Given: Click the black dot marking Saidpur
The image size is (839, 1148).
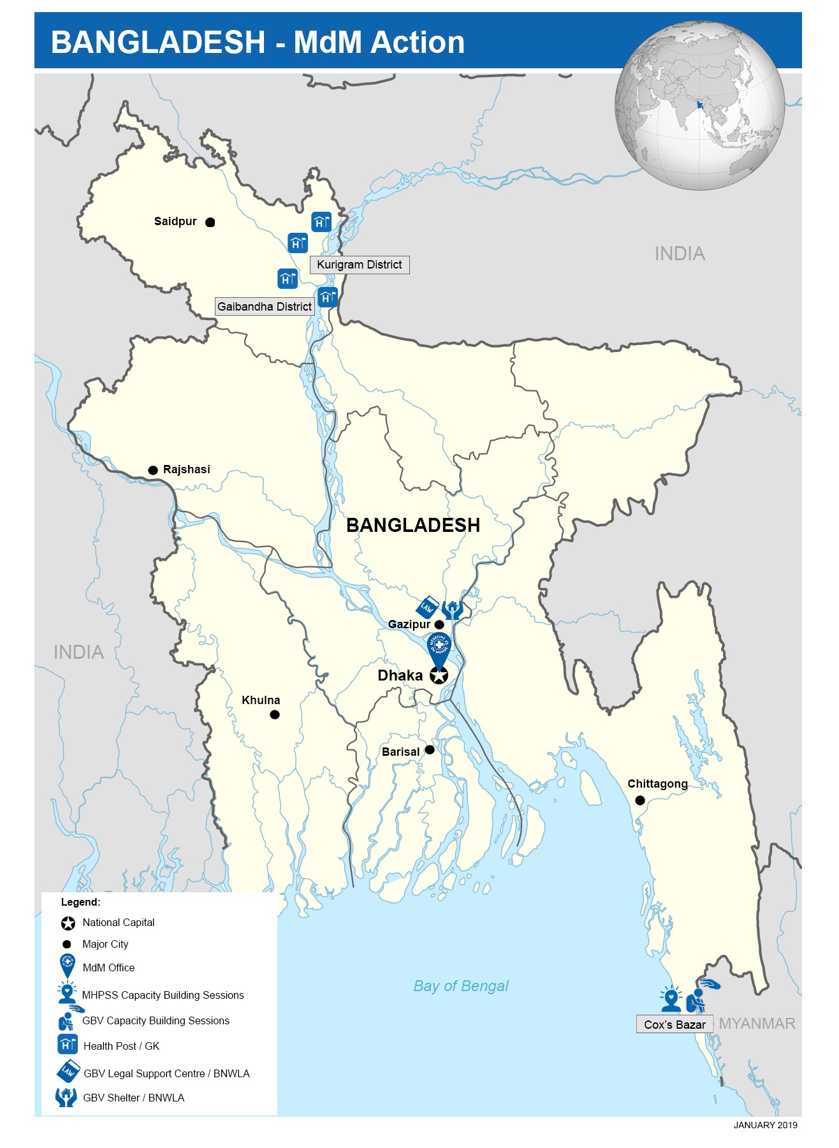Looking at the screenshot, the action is pyautogui.click(x=210, y=223).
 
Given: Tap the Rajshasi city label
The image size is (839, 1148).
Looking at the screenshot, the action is pyautogui.click(x=186, y=469).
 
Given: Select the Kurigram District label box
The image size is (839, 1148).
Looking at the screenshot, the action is pyautogui.click(x=360, y=265).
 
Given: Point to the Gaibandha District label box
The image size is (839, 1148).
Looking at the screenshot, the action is pyautogui.click(x=265, y=307).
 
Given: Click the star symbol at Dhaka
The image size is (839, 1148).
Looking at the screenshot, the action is pyautogui.click(x=439, y=675).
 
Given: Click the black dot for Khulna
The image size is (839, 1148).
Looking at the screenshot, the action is pyautogui.click(x=275, y=715).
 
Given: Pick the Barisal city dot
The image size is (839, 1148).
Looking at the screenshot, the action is pyautogui.click(x=430, y=750).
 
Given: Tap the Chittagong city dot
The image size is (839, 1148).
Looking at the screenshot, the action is pyautogui.click(x=640, y=800).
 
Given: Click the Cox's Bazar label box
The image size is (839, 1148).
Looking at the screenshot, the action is pyautogui.click(x=675, y=1024).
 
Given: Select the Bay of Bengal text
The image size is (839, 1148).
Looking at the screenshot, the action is pyautogui.click(x=461, y=986).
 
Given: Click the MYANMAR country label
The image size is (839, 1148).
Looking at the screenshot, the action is pyautogui.click(x=757, y=1024).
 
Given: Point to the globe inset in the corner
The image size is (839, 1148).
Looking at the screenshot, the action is pyautogui.click(x=699, y=105).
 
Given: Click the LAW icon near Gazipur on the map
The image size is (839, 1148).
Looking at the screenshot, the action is pyautogui.click(x=427, y=607).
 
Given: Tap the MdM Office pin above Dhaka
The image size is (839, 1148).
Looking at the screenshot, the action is pyautogui.click(x=439, y=648).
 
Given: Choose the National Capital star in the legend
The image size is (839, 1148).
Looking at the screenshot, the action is pyautogui.click(x=68, y=923).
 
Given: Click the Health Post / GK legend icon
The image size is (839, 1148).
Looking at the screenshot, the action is pyautogui.click(x=68, y=1045).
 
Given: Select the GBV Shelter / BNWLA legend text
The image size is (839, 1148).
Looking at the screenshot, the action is pyautogui.click(x=133, y=1098).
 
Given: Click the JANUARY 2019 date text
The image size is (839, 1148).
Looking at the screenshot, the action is pyautogui.click(x=765, y=1125).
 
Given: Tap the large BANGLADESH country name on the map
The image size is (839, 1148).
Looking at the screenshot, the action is pyautogui.click(x=413, y=525).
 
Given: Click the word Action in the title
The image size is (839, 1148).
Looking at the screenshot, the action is pyautogui.click(x=418, y=42).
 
